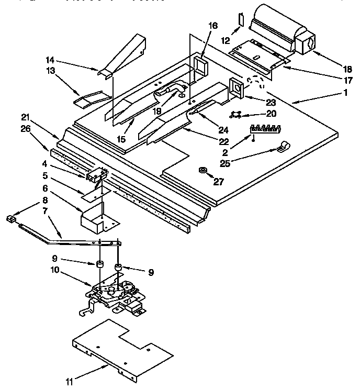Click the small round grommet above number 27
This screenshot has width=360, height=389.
pyautogui.click(x=203, y=170)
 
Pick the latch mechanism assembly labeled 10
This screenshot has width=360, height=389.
pyautogui.click(x=115, y=296)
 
